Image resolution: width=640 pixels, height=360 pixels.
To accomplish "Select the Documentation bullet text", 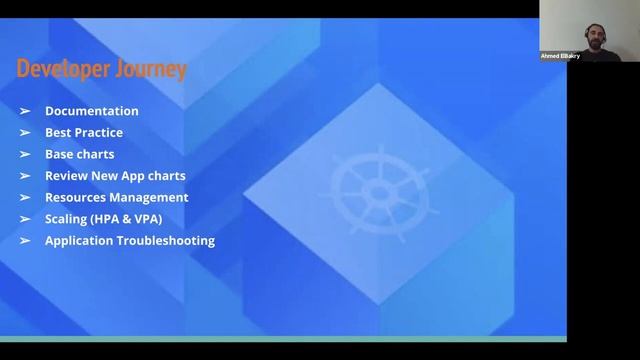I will (92, 111).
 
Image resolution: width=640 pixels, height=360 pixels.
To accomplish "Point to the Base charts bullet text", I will (80, 154).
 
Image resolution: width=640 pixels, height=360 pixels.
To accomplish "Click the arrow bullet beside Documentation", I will (25, 111).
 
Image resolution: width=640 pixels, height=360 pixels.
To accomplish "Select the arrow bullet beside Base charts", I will (25, 154).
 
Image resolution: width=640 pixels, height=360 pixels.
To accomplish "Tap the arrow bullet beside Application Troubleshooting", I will (25, 241).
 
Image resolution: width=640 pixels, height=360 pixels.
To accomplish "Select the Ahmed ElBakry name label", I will (561, 56).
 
